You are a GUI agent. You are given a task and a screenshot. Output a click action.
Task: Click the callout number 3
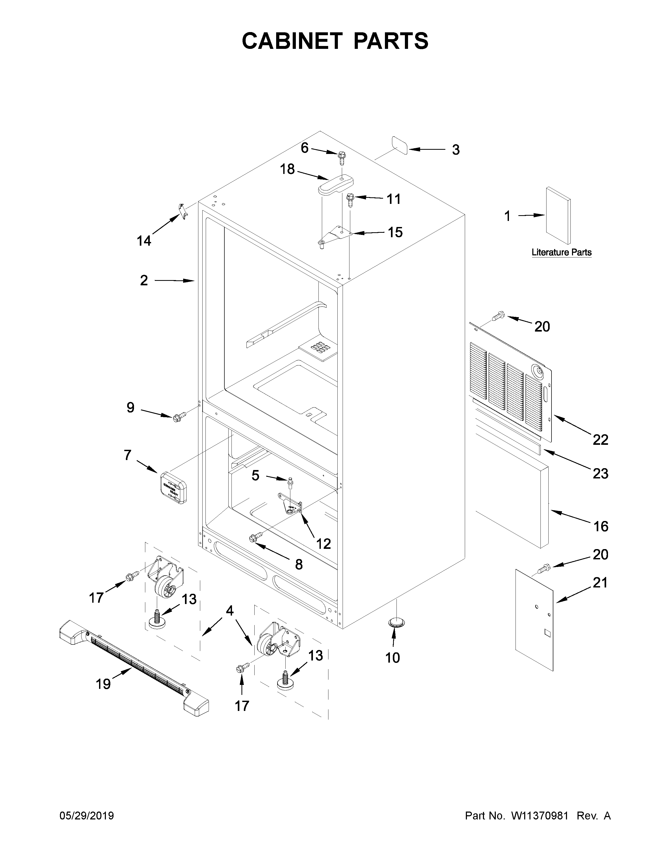pos(456,150)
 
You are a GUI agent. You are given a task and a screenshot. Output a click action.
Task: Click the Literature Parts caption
pos(561,252)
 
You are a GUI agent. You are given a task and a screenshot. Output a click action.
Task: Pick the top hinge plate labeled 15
pos(336,234)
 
